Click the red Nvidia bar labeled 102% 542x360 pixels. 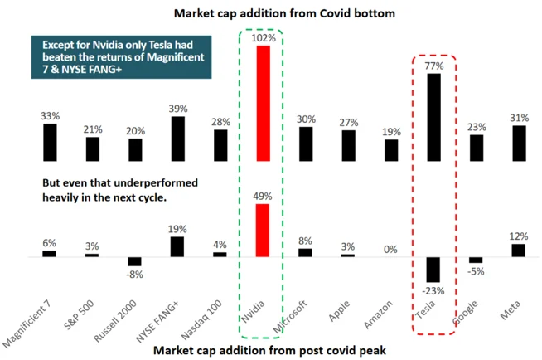click(x=263, y=102)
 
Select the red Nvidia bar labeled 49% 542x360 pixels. click(x=263, y=230)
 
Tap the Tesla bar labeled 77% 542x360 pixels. click(x=433, y=116)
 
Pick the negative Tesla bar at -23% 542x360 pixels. click(x=433, y=270)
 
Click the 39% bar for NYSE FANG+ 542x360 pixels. click(x=177, y=138)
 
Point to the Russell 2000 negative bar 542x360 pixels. click(x=134, y=261)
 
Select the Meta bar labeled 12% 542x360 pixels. click(x=519, y=250)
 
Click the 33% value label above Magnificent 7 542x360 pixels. click(x=49, y=116)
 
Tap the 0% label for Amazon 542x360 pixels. click(x=390, y=250)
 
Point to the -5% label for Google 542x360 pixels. click(x=475, y=270)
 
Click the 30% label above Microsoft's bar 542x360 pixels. click(x=305, y=119)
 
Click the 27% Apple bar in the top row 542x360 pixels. click(x=347, y=144)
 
